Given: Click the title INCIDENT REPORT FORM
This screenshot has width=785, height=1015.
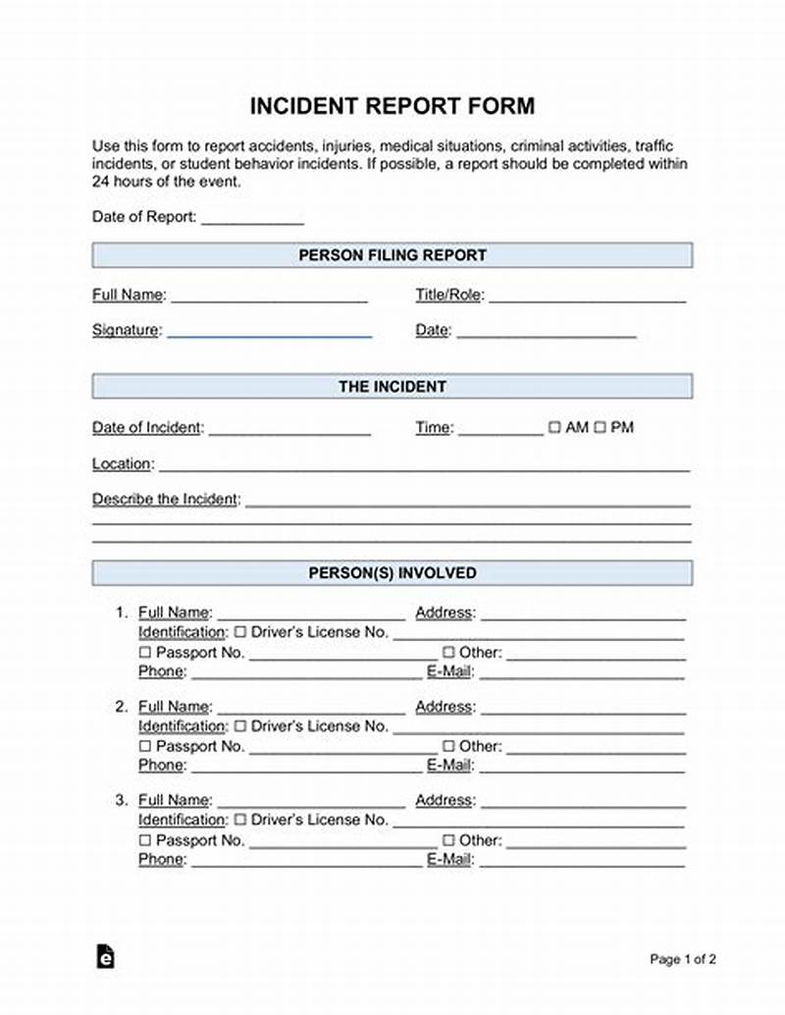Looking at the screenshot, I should coord(392,106).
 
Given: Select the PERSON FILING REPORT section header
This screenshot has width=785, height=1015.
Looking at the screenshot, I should coord(392,255).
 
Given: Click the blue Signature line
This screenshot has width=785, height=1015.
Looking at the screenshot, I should coord(269,334).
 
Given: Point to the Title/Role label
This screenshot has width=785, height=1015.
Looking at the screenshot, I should coord(449,295).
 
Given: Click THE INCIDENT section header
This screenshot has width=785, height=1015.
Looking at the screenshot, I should coord(392,387).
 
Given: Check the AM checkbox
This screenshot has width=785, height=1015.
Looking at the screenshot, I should coord(554,428).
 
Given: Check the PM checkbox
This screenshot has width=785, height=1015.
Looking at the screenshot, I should coord(601,428).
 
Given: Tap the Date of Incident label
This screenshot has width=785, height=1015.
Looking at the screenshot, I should coord(147,428).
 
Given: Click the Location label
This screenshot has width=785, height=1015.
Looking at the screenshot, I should coord(122,463).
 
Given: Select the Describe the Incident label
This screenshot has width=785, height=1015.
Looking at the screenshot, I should coord(166,499).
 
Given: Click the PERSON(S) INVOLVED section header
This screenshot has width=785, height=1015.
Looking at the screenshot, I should coord(392,573).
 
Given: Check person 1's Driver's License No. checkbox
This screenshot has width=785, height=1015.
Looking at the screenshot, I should coord(239,633).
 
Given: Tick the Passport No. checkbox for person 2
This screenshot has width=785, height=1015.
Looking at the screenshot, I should coord(145,747).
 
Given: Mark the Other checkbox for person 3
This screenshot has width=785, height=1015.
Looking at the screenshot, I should coord(448,840).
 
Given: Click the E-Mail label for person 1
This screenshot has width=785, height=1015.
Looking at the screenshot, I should coord(450,672).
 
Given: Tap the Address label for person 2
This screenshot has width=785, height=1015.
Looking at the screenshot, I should coord(445,707).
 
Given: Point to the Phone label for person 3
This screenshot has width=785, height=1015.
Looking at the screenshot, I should coord(161,860).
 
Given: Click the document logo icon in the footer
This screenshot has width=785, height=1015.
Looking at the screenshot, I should coord(105,957).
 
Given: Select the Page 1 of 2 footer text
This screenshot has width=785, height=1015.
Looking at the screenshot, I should coord(683,959).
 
